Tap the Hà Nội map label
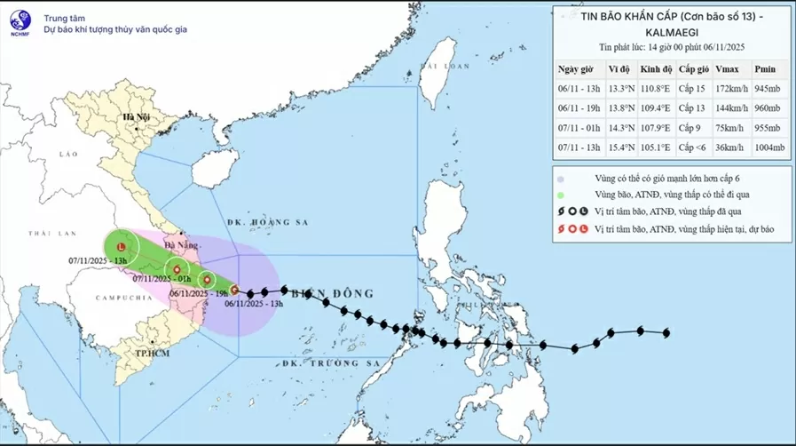pos(137,117)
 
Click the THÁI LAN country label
pos(49,233)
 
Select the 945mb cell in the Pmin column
pos(766,89)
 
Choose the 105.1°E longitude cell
pos(650,147)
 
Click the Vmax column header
pos(725,69)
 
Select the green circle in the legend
pos(561,194)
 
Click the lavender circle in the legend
pos(561,179)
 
